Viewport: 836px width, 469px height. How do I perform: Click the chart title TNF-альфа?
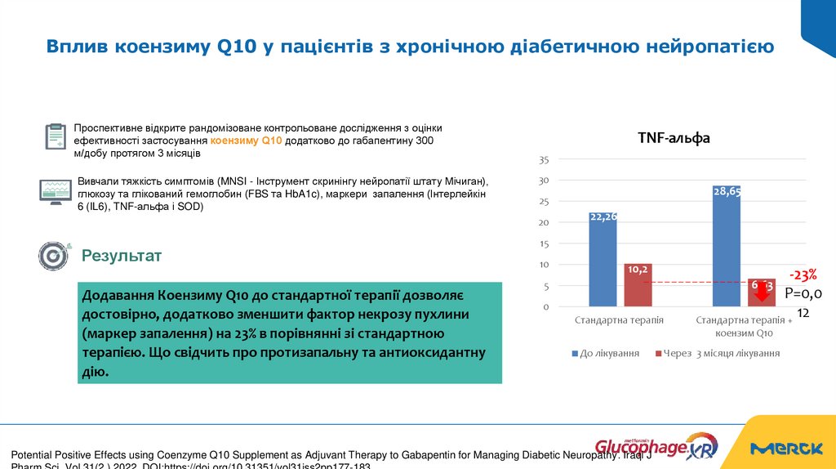point(674,139)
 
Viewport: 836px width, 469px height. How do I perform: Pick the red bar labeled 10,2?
point(638,286)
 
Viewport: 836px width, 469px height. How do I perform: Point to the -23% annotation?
point(802,275)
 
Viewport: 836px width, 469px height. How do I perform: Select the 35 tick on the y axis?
point(544,159)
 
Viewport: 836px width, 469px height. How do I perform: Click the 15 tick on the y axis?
point(544,243)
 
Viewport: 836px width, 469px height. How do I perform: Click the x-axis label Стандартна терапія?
point(618,321)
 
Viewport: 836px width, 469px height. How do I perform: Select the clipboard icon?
point(56,136)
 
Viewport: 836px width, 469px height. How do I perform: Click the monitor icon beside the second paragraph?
point(56,191)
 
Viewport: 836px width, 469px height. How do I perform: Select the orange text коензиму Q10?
point(246,141)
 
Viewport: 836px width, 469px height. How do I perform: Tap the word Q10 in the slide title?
point(236,47)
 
